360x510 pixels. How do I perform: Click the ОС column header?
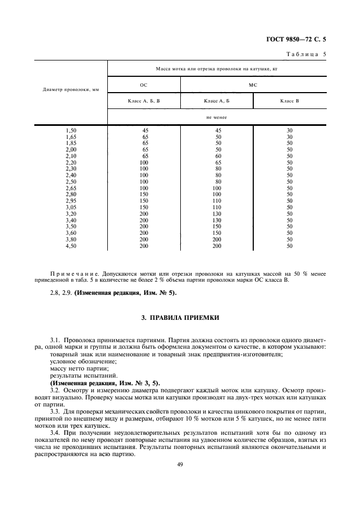(x=144, y=86)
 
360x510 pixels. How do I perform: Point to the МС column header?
(x=253, y=86)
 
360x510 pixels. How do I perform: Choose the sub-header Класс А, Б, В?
(x=144, y=101)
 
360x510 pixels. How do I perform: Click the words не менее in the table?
(x=217, y=117)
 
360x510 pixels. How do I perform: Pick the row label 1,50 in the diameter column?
(x=71, y=130)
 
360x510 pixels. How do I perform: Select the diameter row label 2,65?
(x=71, y=188)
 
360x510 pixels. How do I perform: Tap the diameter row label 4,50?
(x=71, y=246)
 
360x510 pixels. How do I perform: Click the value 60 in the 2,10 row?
(x=217, y=156)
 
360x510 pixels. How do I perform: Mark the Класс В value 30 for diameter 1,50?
(x=290, y=130)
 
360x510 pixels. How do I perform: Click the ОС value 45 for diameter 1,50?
(x=145, y=130)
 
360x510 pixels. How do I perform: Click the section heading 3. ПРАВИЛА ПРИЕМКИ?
(x=180, y=317)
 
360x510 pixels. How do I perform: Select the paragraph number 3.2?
(x=55, y=391)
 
